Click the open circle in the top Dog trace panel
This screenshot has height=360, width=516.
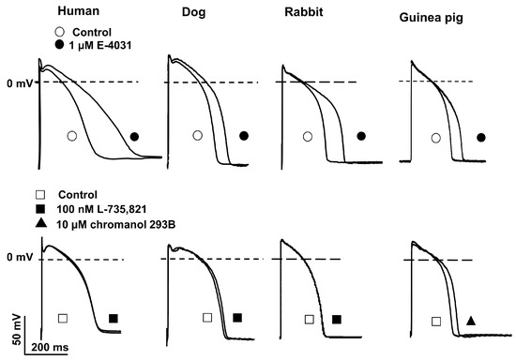tap(197, 136)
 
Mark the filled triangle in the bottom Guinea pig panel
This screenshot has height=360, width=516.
tap(471, 321)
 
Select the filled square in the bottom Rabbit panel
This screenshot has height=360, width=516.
tap(337, 320)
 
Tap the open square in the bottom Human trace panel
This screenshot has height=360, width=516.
tap(62, 319)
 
